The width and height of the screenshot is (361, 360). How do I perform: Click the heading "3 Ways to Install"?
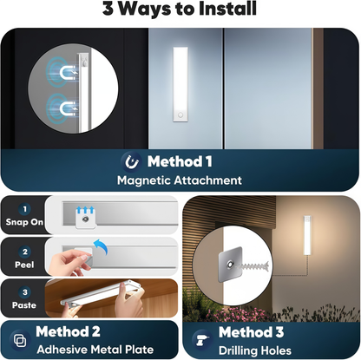click(x=180, y=10)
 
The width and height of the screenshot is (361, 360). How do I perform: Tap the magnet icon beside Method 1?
click(x=131, y=161)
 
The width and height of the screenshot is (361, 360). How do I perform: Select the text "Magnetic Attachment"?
click(x=180, y=180)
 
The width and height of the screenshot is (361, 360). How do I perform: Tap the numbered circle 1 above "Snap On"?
click(x=24, y=208)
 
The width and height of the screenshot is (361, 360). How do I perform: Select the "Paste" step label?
click(x=24, y=306)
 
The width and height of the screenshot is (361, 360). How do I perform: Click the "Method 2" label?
click(x=68, y=332)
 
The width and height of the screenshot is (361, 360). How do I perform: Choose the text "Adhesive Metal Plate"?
click(x=89, y=349)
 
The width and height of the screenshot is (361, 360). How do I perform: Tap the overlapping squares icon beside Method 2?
click(x=19, y=340)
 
